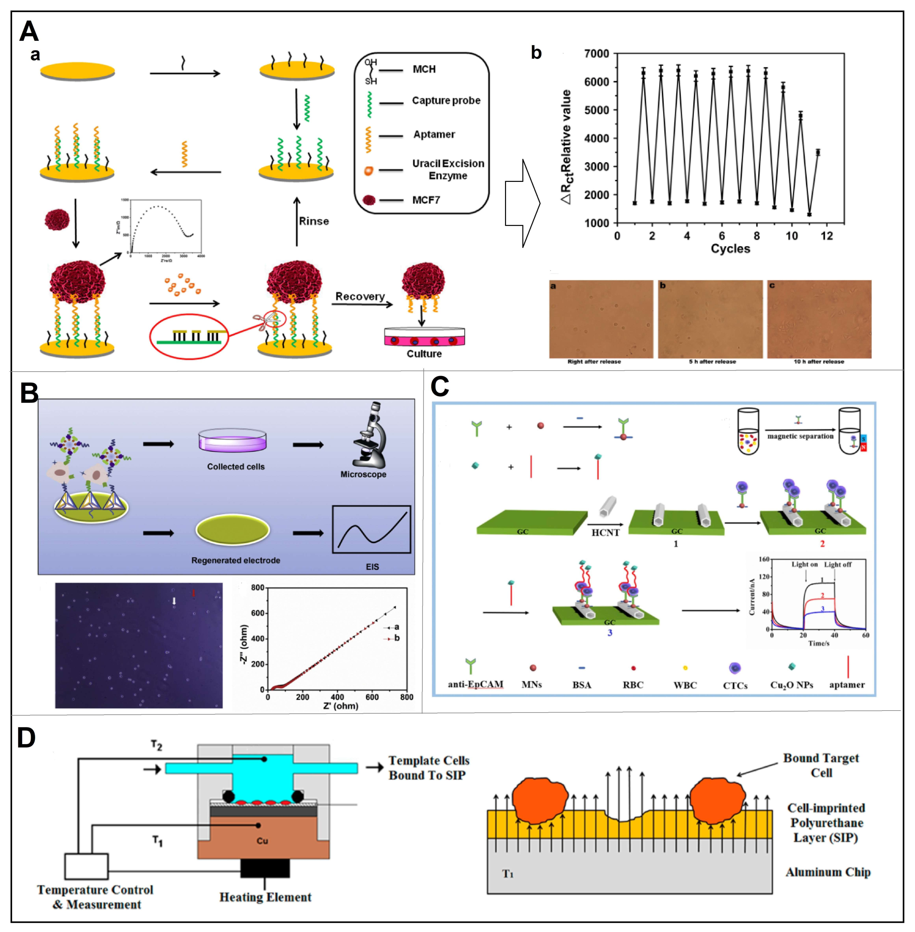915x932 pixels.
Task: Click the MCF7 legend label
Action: tap(426, 200)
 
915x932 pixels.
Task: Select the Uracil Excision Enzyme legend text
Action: tap(448, 169)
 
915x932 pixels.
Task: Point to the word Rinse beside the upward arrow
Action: tap(314, 221)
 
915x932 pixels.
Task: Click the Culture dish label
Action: tap(424, 354)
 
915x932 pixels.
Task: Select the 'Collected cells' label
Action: tap(235, 467)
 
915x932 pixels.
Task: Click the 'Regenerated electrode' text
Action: tap(235, 560)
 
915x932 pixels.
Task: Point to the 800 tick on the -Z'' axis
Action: tap(257, 588)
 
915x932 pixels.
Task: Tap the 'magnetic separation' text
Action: tap(800, 436)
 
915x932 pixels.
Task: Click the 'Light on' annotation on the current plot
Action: tap(804, 565)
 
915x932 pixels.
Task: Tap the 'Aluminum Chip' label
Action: tap(828, 872)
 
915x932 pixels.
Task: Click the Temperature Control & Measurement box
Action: tap(86, 866)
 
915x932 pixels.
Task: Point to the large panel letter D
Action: tap(26, 738)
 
